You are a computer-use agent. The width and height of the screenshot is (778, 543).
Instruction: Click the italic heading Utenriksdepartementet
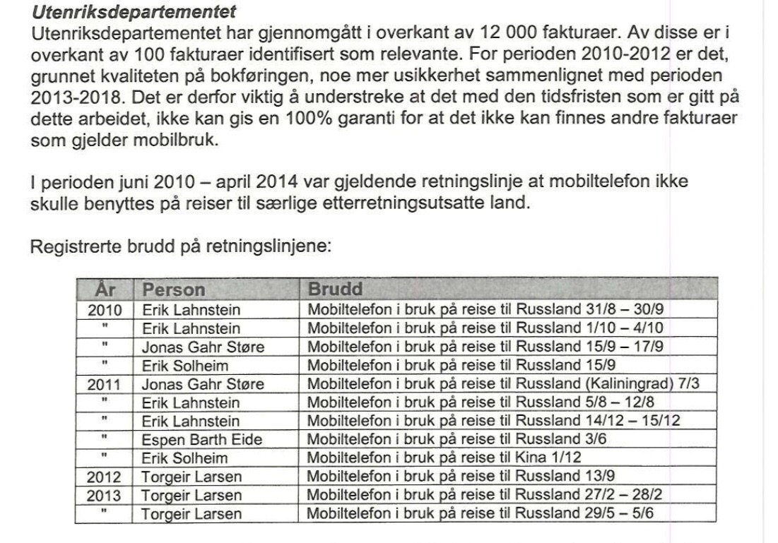click(134, 12)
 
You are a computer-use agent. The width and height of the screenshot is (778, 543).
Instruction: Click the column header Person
click(174, 290)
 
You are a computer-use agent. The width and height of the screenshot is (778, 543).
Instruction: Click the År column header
click(104, 290)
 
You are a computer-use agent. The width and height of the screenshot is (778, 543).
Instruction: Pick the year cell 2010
click(105, 309)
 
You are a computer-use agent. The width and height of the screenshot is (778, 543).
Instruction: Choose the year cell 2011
click(105, 384)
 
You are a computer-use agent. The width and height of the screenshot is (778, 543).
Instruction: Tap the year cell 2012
click(105, 477)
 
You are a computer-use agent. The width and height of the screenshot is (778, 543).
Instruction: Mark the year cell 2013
click(105, 495)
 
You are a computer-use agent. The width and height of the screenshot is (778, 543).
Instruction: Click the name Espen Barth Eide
click(202, 439)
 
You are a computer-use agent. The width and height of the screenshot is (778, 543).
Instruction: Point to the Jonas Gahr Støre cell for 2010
click(204, 347)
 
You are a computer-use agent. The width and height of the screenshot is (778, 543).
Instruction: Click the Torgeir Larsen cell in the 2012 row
click(191, 477)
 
